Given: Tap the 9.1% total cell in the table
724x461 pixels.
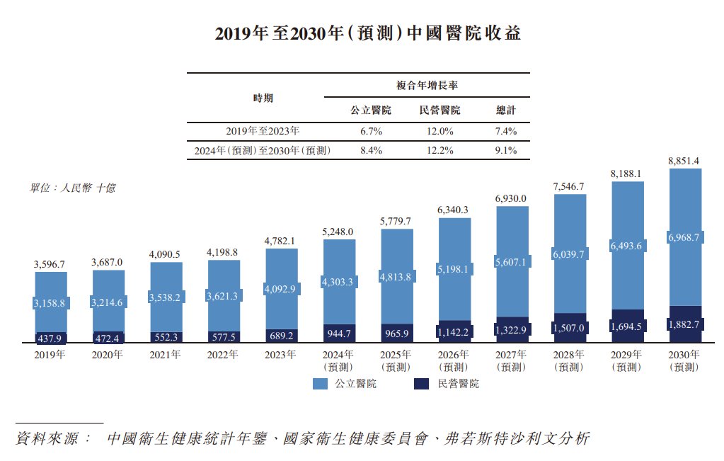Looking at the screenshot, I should [506, 150].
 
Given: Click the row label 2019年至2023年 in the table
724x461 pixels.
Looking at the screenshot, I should [263, 131].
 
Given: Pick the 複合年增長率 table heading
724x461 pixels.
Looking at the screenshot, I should [426, 85].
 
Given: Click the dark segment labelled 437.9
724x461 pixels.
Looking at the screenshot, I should [51, 338].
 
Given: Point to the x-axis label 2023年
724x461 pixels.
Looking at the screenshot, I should [280, 355].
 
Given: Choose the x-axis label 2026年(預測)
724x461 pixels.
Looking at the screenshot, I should [454, 360].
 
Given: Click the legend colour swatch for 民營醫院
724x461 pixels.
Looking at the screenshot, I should [420, 384].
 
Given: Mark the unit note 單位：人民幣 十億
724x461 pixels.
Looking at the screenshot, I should [72, 188].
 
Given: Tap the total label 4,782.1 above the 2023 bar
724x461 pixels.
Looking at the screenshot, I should [280, 241].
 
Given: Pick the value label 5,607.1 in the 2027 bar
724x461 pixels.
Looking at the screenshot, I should [511, 262].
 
